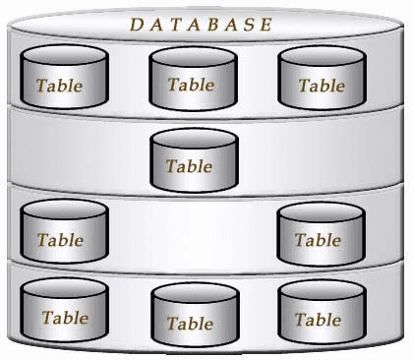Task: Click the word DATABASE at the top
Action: pos(201,25)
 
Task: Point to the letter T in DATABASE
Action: pos(174,25)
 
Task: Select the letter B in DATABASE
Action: pos(211,25)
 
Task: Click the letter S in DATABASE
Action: pos(247,25)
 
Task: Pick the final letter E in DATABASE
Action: pos(266,25)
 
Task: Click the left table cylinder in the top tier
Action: pos(63,78)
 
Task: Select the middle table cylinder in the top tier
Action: pos(193,78)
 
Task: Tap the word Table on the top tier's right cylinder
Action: pos(322,86)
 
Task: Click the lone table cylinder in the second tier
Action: pos(194,159)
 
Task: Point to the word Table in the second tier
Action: pos(189,165)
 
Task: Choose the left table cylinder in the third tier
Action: pos(63,232)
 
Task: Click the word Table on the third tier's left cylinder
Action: pos(60,239)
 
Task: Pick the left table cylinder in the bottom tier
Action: pos(63,311)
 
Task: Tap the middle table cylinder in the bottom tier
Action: pos(193,316)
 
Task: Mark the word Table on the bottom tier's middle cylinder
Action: pos(190,323)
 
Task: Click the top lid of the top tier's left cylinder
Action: pos(63,55)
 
